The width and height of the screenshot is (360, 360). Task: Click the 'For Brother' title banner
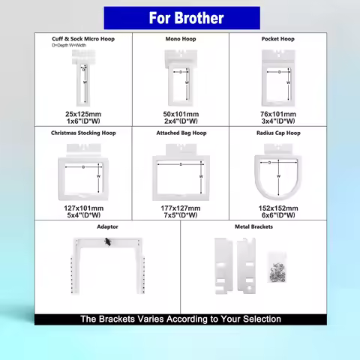click(179, 17)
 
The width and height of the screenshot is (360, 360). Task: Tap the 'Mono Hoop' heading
click(181, 38)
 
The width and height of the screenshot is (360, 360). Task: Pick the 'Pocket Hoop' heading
click(277, 38)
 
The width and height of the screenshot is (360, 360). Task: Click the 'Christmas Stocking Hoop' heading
click(83, 133)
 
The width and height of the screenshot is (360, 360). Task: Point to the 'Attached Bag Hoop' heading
click(181, 133)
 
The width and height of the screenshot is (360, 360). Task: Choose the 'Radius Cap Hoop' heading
click(277, 133)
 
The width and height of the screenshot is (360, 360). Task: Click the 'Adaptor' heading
click(107, 226)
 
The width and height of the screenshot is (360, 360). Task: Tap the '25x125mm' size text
click(83, 114)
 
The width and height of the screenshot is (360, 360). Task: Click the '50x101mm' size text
click(181, 114)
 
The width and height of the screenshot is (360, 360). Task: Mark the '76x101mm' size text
click(277, 114)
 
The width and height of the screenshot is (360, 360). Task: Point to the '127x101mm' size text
click(83, 207)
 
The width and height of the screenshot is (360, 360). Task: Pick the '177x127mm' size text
click(181, 207)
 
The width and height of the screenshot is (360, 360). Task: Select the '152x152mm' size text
click(277, 207)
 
